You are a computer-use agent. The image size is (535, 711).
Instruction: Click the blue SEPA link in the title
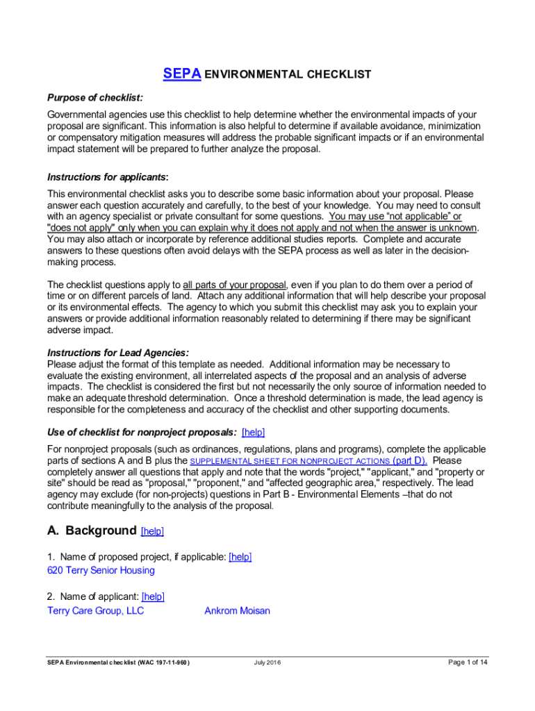[x=182, y=74]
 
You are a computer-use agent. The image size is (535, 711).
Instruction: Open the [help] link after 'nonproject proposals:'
[x=253, y=432]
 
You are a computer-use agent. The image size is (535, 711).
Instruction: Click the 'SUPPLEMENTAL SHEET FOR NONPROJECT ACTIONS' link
[x=290, y=461]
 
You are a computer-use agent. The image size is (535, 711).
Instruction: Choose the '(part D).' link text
[x=410, y=460]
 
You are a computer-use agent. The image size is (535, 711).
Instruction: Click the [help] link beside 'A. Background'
[x=152, y=531]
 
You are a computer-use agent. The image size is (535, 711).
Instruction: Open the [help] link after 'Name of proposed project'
[x=240, y=557]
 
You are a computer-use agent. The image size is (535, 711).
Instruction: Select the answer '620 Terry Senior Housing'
[x=101, y=570]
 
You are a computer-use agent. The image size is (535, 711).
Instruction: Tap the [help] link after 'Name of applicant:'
[x=153, y=596]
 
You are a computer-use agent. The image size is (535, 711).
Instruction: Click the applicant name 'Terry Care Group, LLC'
[x=96, y=611]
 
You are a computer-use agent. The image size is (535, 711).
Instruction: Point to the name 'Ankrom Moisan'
[x=237, y=611]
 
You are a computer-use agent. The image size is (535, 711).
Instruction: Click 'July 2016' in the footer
[x=267, y=662]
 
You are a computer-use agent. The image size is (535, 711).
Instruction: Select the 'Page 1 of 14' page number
[x=468, y=662]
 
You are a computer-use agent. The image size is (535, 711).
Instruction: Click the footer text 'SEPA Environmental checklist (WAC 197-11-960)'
[x=119, y=662]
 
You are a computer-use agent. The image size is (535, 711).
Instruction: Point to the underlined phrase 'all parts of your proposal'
[x=235, y=285]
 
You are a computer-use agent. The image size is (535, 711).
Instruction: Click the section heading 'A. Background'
[x=92, y=530]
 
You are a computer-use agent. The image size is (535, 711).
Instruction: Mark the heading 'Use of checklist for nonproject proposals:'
[x=142, y=432]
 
